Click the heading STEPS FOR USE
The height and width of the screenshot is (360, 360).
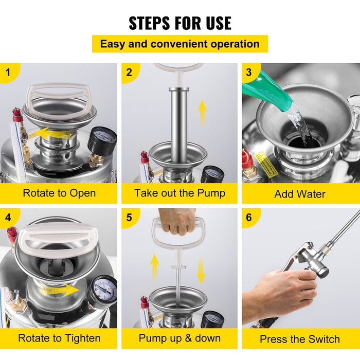(x=180, y=23)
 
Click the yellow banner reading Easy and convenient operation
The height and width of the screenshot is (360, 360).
(x=180, y=44)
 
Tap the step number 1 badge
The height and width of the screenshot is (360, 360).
(x=8, y=71)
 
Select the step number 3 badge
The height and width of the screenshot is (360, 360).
(x=249, y=72)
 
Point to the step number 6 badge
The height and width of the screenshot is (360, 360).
(x=249, y=217)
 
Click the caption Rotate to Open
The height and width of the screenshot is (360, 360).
(x=59, y=193)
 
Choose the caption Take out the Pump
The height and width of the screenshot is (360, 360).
(x=179, y=193)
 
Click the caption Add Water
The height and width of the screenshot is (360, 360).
(x=300, y=194)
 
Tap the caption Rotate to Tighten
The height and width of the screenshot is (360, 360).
(x=59, y=338)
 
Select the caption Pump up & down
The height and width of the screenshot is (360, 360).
(x=179, y=338)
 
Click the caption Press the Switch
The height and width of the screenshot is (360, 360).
(x=300, y=339)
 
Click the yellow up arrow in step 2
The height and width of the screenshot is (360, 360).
(x=203, y=112)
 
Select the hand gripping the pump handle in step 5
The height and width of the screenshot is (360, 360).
(x=177, y=221)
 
